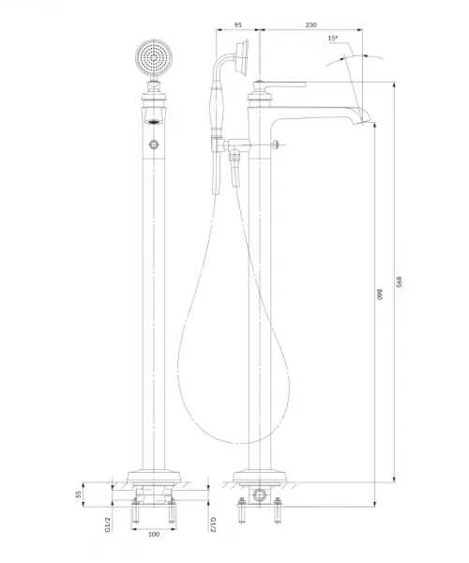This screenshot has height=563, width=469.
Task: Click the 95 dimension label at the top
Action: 237,24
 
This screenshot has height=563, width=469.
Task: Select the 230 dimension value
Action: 310,24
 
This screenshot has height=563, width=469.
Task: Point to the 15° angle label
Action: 333,38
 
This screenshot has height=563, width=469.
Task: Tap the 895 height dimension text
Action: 399,282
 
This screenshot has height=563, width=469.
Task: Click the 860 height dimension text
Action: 380,294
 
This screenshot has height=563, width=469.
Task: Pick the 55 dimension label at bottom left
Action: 79,495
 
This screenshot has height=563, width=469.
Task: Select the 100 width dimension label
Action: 154,534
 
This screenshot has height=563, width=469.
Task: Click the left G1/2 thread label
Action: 108,525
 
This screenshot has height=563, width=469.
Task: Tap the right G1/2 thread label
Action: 213,525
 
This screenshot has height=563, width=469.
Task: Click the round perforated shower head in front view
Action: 154,57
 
